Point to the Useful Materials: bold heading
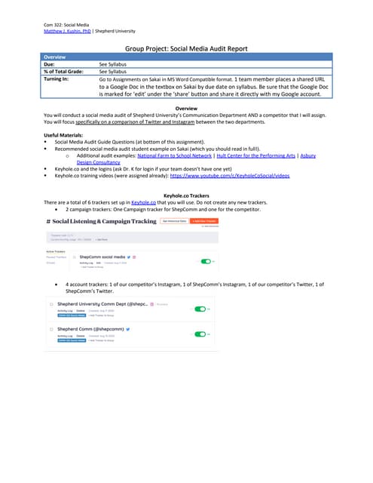pyautogui.click(x=69, y=135)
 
